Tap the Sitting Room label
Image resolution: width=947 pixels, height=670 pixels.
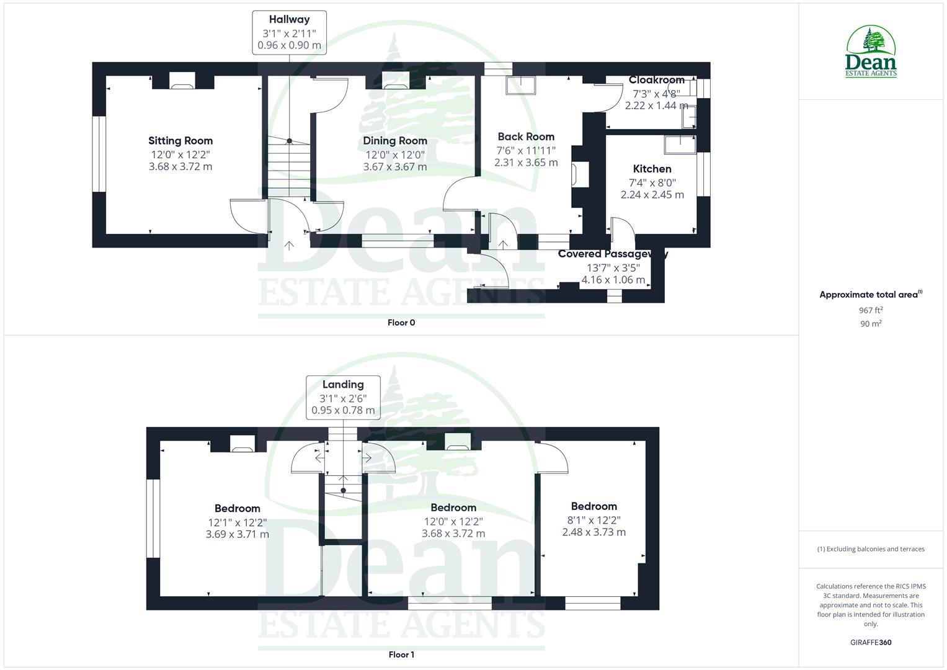point(180,141)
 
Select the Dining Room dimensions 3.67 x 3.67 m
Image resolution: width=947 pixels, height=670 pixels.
point(395,167)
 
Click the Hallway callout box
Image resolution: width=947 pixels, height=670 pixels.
point(289,32)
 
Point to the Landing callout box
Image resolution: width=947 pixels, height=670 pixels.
point(343,397)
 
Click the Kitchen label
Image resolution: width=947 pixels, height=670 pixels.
point(652,169)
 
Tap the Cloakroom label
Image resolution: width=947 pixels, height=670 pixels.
point(656,80)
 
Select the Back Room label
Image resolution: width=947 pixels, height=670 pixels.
point(526,136)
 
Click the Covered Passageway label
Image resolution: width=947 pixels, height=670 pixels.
point(613,254)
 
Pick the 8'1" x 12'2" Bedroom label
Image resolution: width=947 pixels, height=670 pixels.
point(594,506)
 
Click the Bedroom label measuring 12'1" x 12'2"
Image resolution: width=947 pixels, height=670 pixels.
point(237,508)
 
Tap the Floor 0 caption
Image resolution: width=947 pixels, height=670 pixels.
point(401,323)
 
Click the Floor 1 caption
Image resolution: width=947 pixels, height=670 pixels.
point(401,654)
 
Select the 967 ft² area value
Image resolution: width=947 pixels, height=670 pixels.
point(871,310)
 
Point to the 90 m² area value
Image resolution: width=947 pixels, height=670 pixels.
point(871,323)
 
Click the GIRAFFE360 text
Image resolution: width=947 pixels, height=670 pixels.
point(871,643)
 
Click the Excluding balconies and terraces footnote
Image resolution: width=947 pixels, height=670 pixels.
point(871,549)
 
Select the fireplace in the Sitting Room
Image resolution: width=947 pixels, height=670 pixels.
point(182,81)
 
